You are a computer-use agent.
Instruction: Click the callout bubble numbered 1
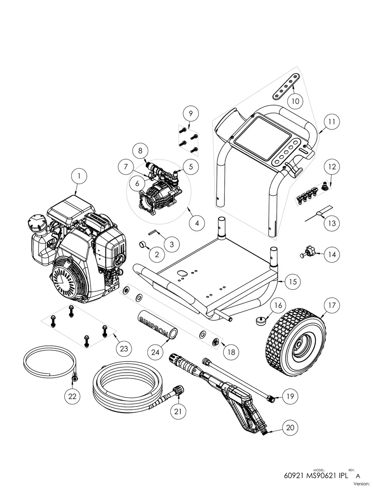point(79,176)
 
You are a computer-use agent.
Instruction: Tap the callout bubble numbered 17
point(332,305)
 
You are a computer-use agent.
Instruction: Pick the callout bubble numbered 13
point(331,223)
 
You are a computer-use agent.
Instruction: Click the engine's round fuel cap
point(35,225)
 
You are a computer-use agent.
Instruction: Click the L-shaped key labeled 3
point(154,233)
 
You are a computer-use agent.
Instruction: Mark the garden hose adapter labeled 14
point(308,252)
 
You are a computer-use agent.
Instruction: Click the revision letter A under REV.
point(352,475)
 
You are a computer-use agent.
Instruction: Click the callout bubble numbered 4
point(197,223)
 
